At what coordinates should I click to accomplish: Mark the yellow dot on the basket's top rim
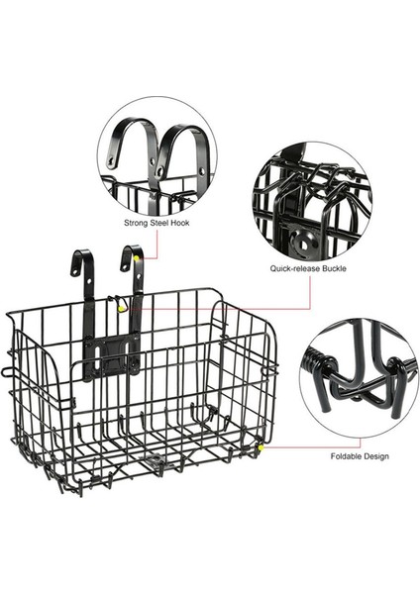coord(122,307)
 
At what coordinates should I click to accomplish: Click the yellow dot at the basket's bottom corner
coord(261,447)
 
